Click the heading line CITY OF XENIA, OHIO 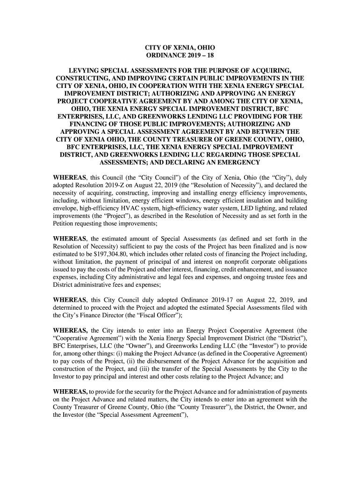tap(180, 48)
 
